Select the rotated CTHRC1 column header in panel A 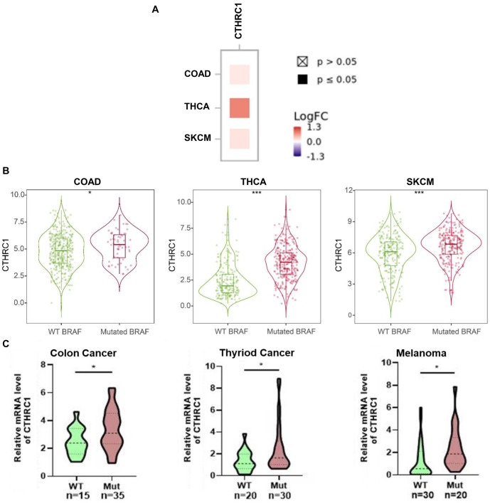(239, 21)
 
